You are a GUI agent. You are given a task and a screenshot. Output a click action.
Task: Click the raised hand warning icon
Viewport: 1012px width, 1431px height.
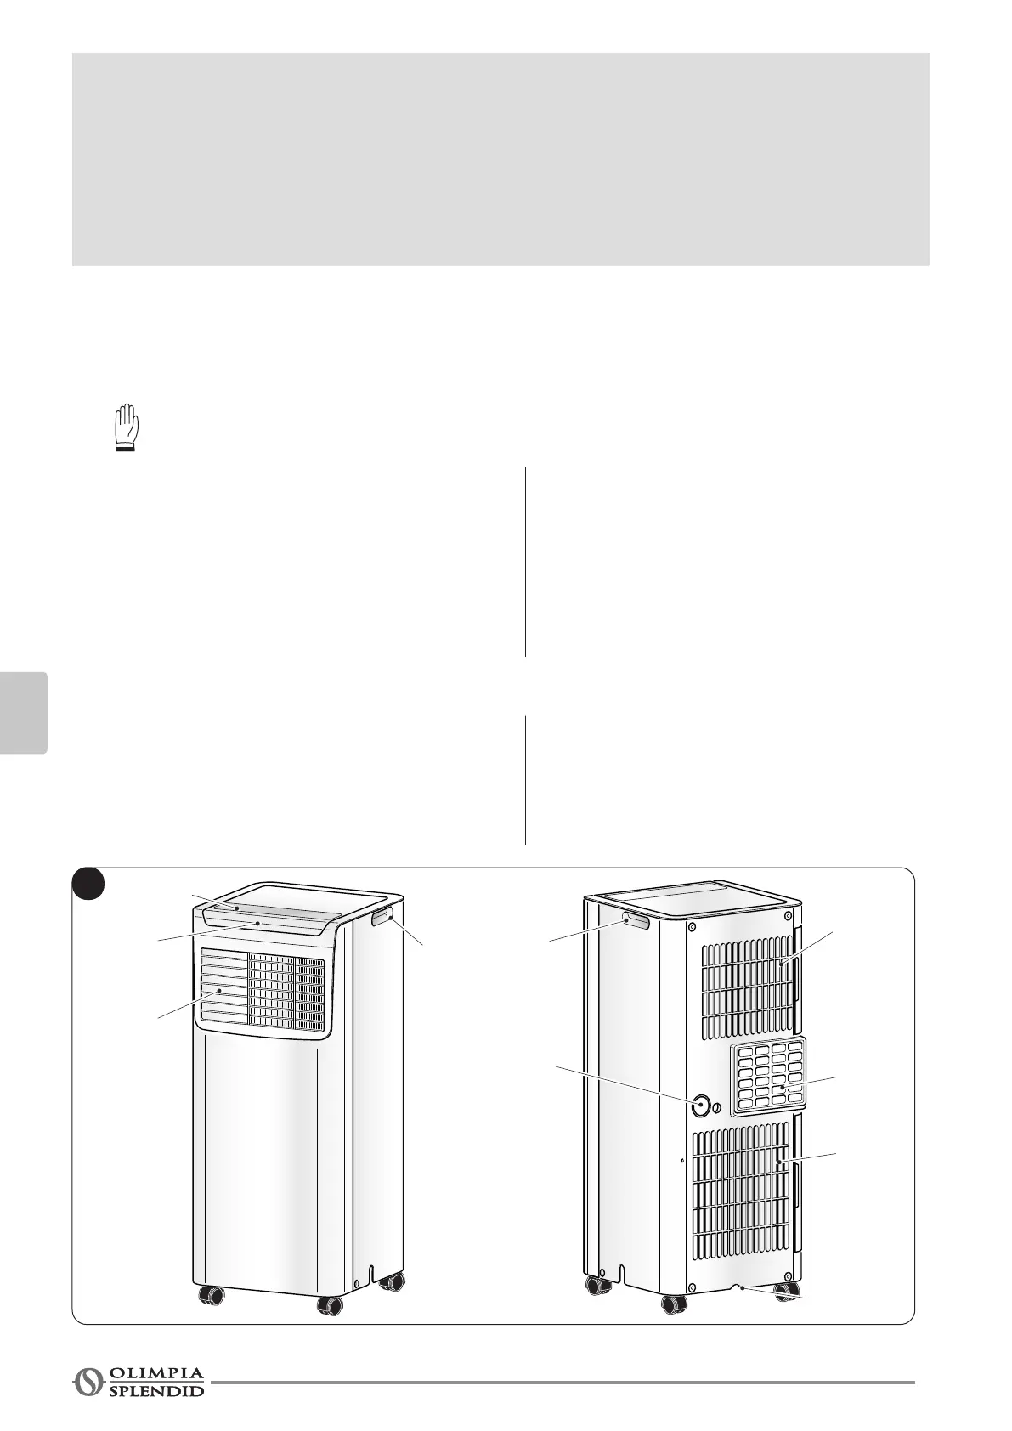pyautogui.click(x=127, y=427)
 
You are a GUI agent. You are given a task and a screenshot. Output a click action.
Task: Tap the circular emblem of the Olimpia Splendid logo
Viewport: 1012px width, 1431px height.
pyautogui.click(x=87, y=1382)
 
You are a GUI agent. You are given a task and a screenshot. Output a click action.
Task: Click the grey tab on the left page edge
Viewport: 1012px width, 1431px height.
pyautogui.click(x=23, y=712)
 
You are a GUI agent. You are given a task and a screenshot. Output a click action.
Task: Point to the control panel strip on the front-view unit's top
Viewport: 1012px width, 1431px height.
pyautogui.click(x=263, y=921)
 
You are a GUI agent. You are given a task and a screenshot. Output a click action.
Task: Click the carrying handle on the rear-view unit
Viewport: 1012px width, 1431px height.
pyautogui.click(x=636, y=920)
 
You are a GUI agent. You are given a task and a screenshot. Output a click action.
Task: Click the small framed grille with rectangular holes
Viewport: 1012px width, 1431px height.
pyautogui.click(x=768, y=1075)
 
